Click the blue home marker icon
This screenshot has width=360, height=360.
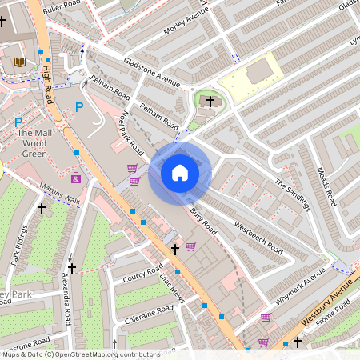[x=180, y=173]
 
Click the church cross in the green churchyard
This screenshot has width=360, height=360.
[x=211, y=102]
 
